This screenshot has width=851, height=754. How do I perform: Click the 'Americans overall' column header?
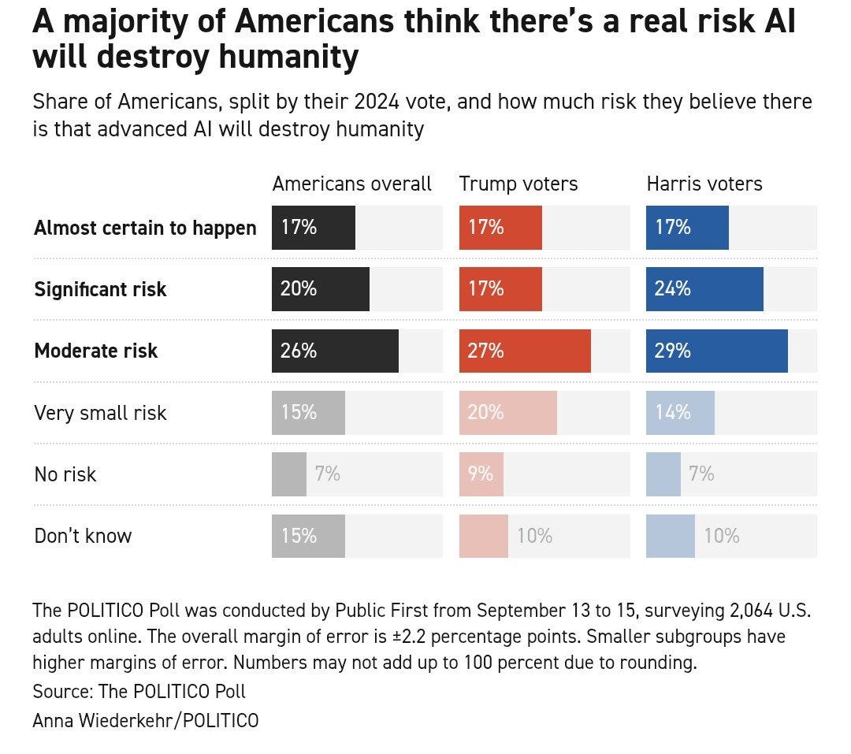351,184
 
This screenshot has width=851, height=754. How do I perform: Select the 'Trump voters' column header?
518,184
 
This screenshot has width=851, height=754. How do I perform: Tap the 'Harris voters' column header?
704,184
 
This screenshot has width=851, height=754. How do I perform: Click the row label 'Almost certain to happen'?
145,228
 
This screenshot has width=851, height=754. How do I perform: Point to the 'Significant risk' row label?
100,289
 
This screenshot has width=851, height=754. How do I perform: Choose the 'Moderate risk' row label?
96,351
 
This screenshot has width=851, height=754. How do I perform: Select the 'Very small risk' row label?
100,413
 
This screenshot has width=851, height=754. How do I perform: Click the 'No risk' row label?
65,474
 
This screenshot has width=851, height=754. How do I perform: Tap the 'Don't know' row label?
83,536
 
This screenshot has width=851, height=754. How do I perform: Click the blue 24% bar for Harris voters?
704,289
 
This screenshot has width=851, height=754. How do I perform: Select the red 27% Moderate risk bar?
525,351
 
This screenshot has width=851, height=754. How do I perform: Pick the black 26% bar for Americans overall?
335,351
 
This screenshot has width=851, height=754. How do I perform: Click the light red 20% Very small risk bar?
508,413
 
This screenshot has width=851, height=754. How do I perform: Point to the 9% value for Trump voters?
481,474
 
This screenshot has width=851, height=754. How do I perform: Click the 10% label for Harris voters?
722,536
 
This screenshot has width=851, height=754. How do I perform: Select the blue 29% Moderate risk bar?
716,351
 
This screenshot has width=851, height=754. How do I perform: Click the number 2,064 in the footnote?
751,611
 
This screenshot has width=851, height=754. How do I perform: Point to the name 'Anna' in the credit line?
54,721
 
